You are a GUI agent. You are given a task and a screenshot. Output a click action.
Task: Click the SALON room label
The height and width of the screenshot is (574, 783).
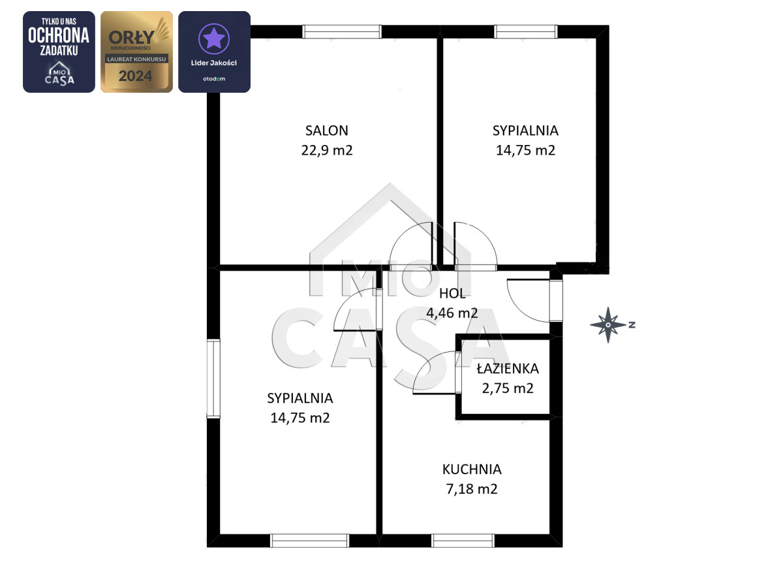pyautogui.click(x=326, y=131)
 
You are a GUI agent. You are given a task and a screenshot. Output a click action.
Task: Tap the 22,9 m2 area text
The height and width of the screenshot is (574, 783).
pyautogui.click(x=327, y=150)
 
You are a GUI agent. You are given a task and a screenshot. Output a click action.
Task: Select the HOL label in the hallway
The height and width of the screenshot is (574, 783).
pyautogui.click(x=452, y=294)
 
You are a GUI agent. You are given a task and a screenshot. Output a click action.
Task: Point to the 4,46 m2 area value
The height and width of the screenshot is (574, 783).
pyautogui.click(x=452, y=313)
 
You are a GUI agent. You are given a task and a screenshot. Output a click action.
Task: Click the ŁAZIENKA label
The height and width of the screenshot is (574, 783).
pyautogui.click(x=508, y=369)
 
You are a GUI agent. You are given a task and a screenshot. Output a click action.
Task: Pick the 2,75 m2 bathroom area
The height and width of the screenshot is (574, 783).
pyautogui.click(x=508, y=389)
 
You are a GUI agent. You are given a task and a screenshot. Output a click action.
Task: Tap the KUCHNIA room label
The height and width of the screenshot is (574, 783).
pyautogui.click(x=472, y=470)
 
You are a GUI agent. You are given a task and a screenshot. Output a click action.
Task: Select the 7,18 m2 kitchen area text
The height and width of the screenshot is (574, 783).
pyautogui.click(x=472, y=489)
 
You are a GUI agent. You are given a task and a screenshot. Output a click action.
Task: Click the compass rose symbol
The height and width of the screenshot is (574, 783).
pyautogui.click(x=608, y=325)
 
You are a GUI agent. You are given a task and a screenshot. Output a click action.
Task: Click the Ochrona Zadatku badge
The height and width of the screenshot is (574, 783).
pyautogui.click(x=59, y=52)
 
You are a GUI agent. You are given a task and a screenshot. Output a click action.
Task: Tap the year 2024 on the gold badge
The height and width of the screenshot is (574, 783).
pyautogui.click(x=135, y=76)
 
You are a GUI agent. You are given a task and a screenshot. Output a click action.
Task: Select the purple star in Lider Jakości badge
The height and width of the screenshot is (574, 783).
pyautogui.click(x=214, y=39)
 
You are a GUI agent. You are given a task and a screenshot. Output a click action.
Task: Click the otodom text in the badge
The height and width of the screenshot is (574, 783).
pyautogui.click(x=214, y=79)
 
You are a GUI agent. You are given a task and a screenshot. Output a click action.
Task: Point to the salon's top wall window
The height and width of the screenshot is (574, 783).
pyautogui.click(x=342, y=31)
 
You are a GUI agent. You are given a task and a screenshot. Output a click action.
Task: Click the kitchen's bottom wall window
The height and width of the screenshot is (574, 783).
pyautogui.click(x=463, y=541)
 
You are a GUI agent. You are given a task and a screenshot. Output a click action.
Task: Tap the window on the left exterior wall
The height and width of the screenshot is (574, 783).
pyautogui.click(x=213, y=379)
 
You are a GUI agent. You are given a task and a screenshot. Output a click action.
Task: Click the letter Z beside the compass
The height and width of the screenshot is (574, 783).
pyautogui.click(x=632, y=325)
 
